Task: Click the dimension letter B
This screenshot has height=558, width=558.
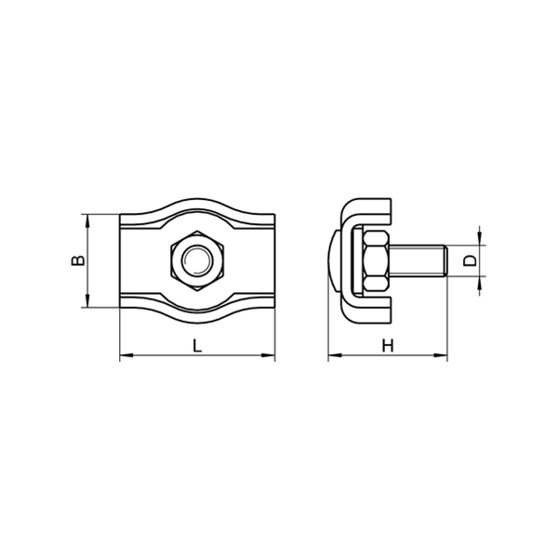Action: point(78,260)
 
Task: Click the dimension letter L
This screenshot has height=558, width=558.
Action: point(197,346)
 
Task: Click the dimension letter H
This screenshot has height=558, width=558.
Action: point(388,346)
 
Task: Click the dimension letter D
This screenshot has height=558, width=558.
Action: point(470,260)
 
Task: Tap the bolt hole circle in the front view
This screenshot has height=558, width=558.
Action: point(197,260)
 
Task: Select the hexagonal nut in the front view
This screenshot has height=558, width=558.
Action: point(197,260)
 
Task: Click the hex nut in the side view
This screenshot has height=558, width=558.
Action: point(377,260)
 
